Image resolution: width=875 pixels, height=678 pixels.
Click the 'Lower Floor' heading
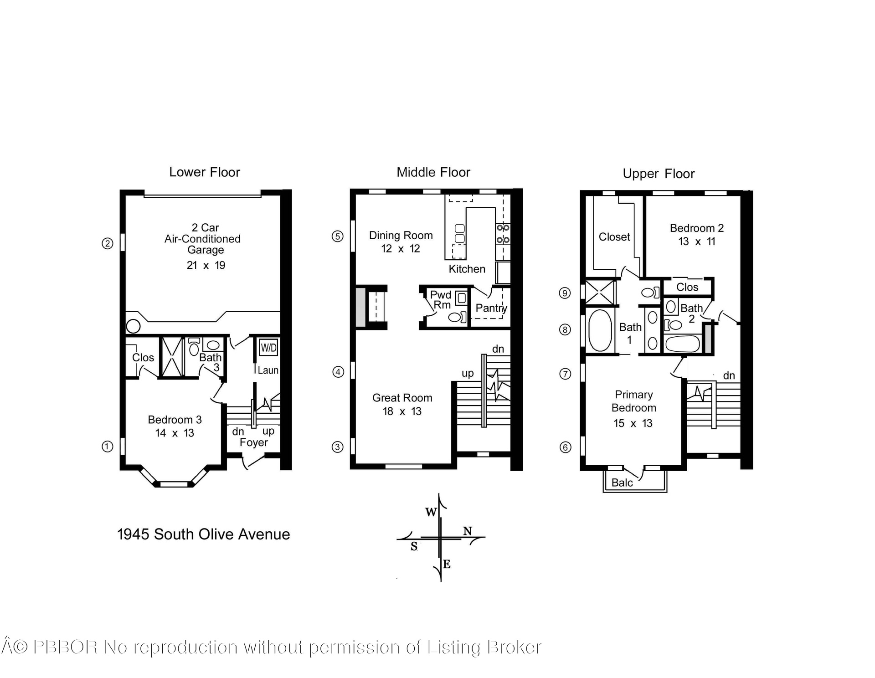coord(204,172)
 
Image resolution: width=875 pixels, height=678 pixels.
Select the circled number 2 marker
coord(107,243)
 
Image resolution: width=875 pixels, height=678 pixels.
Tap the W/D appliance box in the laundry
coord(268,348)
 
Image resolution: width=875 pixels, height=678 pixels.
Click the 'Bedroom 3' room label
coord(175,420)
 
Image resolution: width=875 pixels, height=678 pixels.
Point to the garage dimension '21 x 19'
coord(206,265)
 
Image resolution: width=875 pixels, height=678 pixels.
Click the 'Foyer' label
coord(254,442)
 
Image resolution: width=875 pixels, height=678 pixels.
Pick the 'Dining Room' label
coord(401,236)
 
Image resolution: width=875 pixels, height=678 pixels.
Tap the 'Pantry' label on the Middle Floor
coord(491,308)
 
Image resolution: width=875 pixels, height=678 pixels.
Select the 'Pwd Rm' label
coord(441,300)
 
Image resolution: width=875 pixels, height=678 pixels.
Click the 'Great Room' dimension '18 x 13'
coord(402,411)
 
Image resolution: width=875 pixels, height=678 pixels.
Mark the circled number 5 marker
coord(337,236)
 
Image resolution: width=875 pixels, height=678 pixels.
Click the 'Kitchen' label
coord(467,269)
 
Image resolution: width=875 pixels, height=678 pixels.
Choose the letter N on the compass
coord(468,531)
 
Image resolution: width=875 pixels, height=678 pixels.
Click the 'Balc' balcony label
coord(622,483)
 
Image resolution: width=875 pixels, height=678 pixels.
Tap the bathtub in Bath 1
coord(600,330)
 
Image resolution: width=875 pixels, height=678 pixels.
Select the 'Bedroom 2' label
coord(696,228)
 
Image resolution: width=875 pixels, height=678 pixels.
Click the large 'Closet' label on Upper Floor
coord(614,237)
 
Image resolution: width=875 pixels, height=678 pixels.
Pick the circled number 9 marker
coord(565,293)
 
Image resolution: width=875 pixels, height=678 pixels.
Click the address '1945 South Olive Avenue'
coord(203,534)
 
